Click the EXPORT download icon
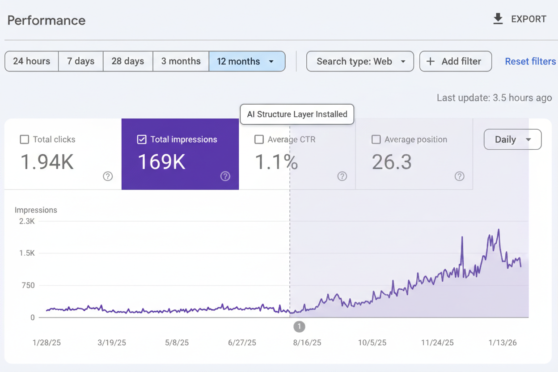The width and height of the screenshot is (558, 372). [x=498, y=19]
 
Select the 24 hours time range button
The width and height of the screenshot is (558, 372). [x=31, y=61]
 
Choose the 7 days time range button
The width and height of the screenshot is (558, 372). [x=80, y=61]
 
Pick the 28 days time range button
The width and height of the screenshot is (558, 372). [x=128, y=61]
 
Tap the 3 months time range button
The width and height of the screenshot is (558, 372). [x=181, y=61]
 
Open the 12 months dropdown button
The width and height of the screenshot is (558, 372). [x=247, y=61]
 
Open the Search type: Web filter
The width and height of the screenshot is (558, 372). [x=360, y=61]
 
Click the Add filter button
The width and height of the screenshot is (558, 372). [x=455, y=61]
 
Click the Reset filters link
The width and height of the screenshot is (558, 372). [x=530, y=61]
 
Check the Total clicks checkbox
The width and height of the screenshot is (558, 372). [x=25, y=139]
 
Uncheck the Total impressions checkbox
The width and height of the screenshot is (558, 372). [x=142, y=139]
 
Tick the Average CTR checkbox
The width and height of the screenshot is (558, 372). [x=259, y=139]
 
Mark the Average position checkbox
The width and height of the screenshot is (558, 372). [x=376, y=139]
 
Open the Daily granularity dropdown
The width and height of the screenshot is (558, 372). [x=512, y=139]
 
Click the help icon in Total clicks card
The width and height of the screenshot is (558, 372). [x=108, y=176]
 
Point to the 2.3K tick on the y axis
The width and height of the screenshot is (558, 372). [x=27, y=221]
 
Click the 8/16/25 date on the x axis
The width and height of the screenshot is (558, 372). [x=307, y=342]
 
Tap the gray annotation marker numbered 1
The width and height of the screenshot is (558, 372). [x=299, y=327]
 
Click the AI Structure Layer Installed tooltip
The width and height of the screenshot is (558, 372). [x=297, y=114]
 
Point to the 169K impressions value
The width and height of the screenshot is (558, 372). [x=161, y=162]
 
